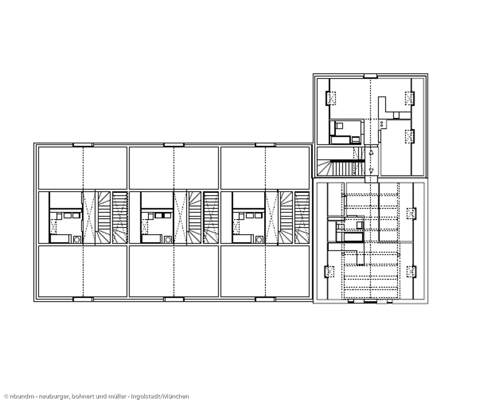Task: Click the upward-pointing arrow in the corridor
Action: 371,152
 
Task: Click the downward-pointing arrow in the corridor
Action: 371,170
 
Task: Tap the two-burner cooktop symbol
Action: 381,124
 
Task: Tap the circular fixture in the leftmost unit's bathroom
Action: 77,239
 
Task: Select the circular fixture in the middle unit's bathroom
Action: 168,239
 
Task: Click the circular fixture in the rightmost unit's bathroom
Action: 259,239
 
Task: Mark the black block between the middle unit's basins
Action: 163,215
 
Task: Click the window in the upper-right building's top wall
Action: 370,76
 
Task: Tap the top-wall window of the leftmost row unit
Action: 83,145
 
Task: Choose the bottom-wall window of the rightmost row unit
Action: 265,299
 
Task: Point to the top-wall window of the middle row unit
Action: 174,145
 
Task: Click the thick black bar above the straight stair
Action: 347,161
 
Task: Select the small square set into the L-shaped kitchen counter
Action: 396,115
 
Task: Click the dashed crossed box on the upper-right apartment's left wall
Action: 331,98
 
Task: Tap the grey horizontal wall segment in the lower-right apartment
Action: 396,242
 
